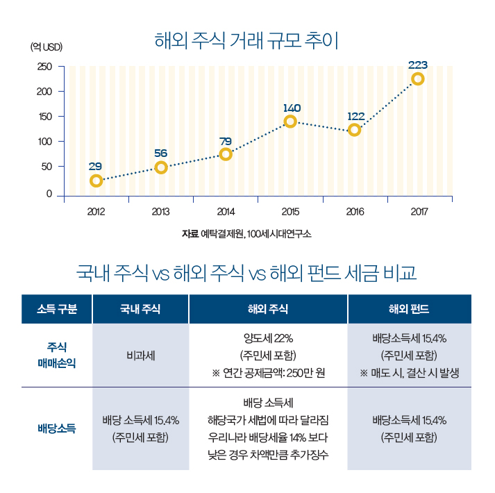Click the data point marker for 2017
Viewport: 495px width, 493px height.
[418, 79]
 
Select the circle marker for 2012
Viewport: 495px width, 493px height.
[96, 181]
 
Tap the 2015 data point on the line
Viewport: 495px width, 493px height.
[290, 122]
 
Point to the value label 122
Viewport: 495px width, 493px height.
[356, 116]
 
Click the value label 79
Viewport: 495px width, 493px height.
[225, 142]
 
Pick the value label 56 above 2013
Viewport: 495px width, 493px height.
[161, 153]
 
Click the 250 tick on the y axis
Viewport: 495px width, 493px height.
[44, 67]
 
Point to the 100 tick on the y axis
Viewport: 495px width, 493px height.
[44, 142]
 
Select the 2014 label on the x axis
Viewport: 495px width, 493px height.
[226, 211]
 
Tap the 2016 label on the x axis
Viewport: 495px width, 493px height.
[355, 211]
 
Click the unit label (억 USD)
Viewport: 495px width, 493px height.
[47, 47]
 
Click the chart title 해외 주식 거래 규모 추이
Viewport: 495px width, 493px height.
[246, 40]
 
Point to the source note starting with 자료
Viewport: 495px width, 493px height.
[246, 234]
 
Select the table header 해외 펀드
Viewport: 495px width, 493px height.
[409, 309]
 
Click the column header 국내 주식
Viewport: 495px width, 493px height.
[140, 309]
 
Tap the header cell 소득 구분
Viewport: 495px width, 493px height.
[57, 309]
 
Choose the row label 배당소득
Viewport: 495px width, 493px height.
[57, 428]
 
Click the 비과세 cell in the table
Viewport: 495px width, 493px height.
[140, 356]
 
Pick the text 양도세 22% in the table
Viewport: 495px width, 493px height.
[268, 339]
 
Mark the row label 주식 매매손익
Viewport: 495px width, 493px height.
[57, 355]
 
